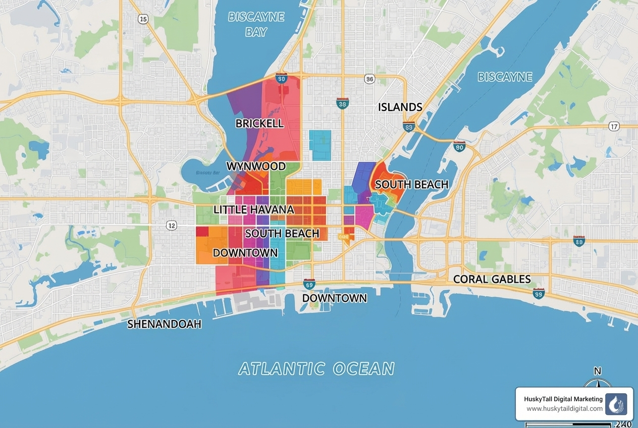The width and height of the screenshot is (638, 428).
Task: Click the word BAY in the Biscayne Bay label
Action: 256,32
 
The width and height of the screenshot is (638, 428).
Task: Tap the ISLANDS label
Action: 400,107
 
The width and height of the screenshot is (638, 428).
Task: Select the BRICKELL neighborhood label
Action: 259,123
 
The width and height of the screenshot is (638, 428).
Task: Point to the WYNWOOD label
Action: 256,166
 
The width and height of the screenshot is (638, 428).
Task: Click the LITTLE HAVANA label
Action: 253,209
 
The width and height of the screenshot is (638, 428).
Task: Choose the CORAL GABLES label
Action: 492,279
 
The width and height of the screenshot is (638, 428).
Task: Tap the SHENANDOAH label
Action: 164,324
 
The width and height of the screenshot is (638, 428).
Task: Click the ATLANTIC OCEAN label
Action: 316,369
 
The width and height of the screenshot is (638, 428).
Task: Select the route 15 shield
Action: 143,19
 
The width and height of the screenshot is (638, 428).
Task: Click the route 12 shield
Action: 172,226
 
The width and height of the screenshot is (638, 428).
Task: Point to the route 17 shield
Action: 614,126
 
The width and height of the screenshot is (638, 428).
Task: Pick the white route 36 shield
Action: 370,79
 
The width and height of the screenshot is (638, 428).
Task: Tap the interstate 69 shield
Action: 309,285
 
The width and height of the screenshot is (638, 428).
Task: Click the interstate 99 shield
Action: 539,293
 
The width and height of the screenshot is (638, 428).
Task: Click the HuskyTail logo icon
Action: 616,404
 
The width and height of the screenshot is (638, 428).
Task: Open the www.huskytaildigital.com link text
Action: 564,409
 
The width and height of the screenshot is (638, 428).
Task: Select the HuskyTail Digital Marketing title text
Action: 562,399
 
